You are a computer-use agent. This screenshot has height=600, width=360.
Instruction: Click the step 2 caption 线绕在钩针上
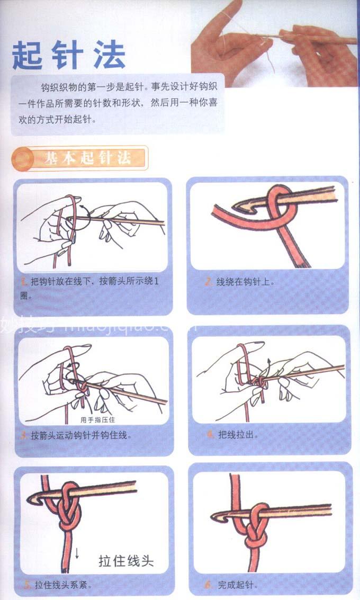pyautogui.click(x=245, y=282)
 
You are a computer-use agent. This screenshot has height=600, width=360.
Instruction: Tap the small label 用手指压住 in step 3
pyautogui.click(x=97, y=420)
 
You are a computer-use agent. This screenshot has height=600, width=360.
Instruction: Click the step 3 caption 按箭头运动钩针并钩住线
pyautogui.click(x=81, y=435)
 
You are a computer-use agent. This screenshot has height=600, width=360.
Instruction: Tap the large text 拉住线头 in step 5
pyautogui.click(x=126, y=561)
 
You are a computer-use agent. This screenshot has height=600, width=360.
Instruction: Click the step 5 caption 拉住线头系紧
pyautogui.click(x=63, y=585)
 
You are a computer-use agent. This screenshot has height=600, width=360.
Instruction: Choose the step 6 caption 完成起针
pyautogui.click(x=236, y=585)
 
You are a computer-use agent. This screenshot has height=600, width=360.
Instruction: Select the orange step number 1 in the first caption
pyautogui.click(x=24, y=282)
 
